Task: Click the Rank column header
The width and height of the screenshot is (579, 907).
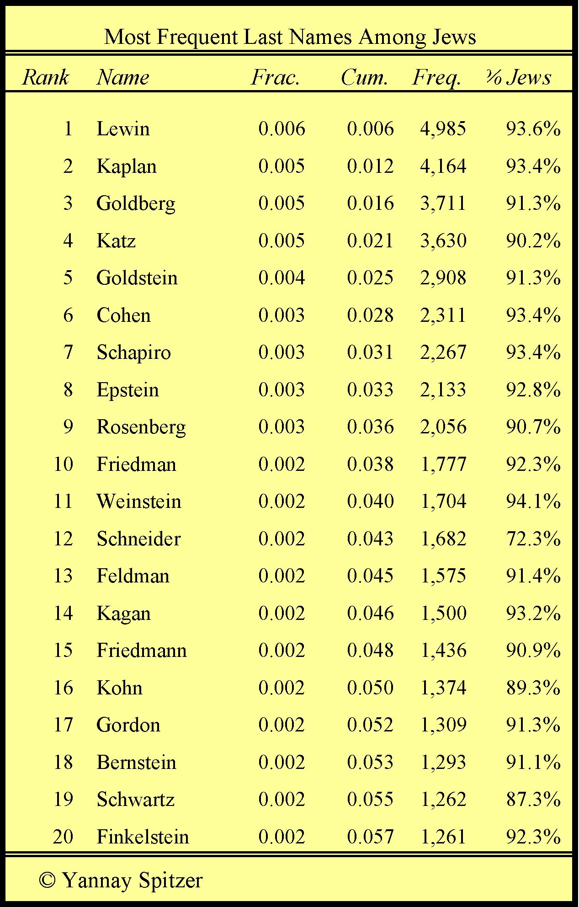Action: pyautogui.click(x=46, y=77)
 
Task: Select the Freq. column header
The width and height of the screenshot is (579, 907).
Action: pyautogui.click(x=436, y=77)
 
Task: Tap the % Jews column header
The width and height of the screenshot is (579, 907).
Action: pyautogui.click(x=518, y=77)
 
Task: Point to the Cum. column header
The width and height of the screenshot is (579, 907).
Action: pyautogui.click(x=364, y=77)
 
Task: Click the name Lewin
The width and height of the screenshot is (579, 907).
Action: pyautogui.click(x=123, y=128)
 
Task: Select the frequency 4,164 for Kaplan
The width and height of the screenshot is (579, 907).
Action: pyautogui.click(x=443, y=166)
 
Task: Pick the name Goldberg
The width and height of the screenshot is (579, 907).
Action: pyautogui.click(x=136, y=203)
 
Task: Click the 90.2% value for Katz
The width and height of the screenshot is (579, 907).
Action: pyautogui.click(x=533, y=240)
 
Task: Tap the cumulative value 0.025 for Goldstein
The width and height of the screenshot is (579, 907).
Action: pyautogui.click(x=370, y=277)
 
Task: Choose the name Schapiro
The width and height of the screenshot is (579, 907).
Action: pyautogui.click(x=133, y=352)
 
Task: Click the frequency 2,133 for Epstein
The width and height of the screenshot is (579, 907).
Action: pyautogui.click(x=443, y=389)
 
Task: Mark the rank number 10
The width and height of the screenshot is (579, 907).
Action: pyautogui.click(x=63, y=464)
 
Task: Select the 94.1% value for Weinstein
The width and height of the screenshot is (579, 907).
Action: pyautogui.click(x=533, y=501)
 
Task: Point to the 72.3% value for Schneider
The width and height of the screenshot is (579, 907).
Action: pyautogui.click(x=533, y=539)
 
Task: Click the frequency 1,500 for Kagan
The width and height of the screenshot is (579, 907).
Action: pyautogui.click(x=443, y=613)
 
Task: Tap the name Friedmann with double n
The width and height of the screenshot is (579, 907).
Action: pyautogui.click(x=142, y=650)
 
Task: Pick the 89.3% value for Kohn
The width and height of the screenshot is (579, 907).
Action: pyautogui.click(x=533, y=688)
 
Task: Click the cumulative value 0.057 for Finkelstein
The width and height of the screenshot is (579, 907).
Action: pyautogui.click(x=370, y=837)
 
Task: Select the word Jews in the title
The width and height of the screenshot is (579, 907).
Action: pyautogui.click(x=453, y=37)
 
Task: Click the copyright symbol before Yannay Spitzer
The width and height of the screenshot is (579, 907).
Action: pyautogui.click(x=47, y=880)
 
